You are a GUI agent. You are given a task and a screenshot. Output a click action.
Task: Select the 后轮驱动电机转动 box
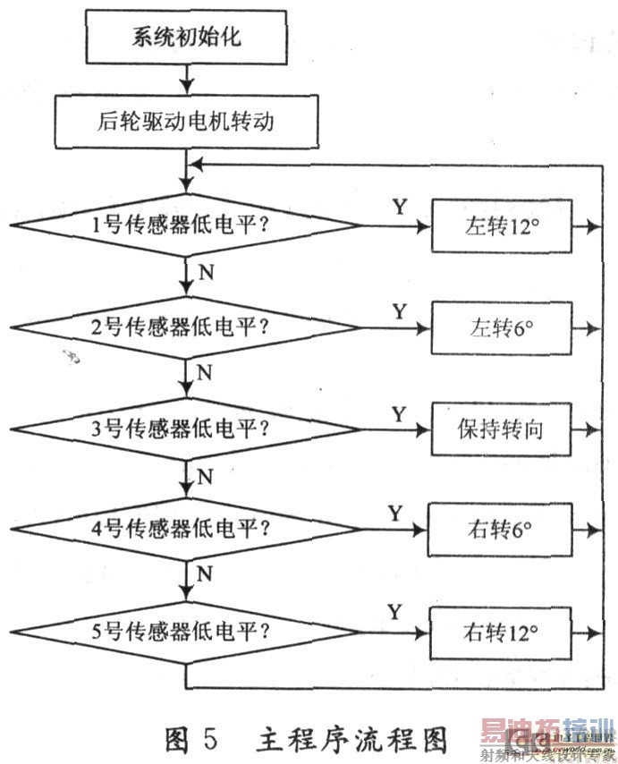(185, 122)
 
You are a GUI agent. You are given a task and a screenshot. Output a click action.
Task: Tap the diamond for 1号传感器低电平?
(185, 226)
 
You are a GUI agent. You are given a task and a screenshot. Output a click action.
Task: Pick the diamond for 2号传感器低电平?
(185, 328)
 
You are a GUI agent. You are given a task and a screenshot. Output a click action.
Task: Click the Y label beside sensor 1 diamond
(399, 208)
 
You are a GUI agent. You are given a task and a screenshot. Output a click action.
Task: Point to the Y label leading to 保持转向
(399, 413)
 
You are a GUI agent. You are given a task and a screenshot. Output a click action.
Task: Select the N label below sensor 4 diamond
(205, 573)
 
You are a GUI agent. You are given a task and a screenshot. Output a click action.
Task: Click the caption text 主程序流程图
(352, 740)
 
